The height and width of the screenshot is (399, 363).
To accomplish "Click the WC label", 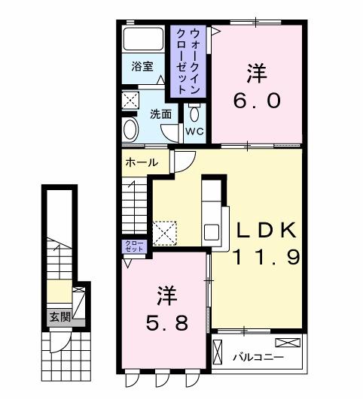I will [x=194, y=131].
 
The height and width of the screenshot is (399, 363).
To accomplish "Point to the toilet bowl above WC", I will [x=195, y=113].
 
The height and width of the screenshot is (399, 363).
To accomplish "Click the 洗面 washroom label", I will [x=160, y=114].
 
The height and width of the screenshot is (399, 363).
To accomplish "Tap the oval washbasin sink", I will [x=130, y=129].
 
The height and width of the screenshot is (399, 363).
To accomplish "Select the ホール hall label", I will [x=142, y=162].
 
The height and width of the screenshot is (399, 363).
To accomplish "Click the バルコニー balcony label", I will [x=257, y=355].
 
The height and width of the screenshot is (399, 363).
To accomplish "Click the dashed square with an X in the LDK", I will [x=163, y=231].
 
